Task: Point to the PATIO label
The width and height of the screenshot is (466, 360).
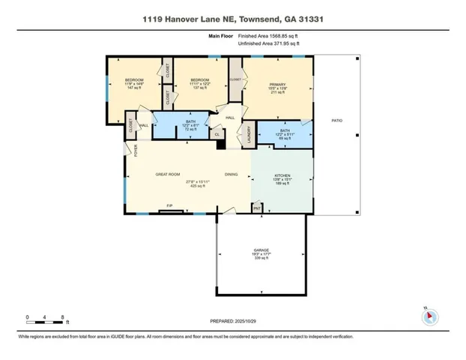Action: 336,121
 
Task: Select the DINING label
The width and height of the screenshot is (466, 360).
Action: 232,175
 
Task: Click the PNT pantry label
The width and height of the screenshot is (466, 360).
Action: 256,208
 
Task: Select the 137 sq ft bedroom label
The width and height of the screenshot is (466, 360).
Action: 199,84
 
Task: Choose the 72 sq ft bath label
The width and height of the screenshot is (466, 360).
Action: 190,126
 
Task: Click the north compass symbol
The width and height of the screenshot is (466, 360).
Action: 429,316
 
